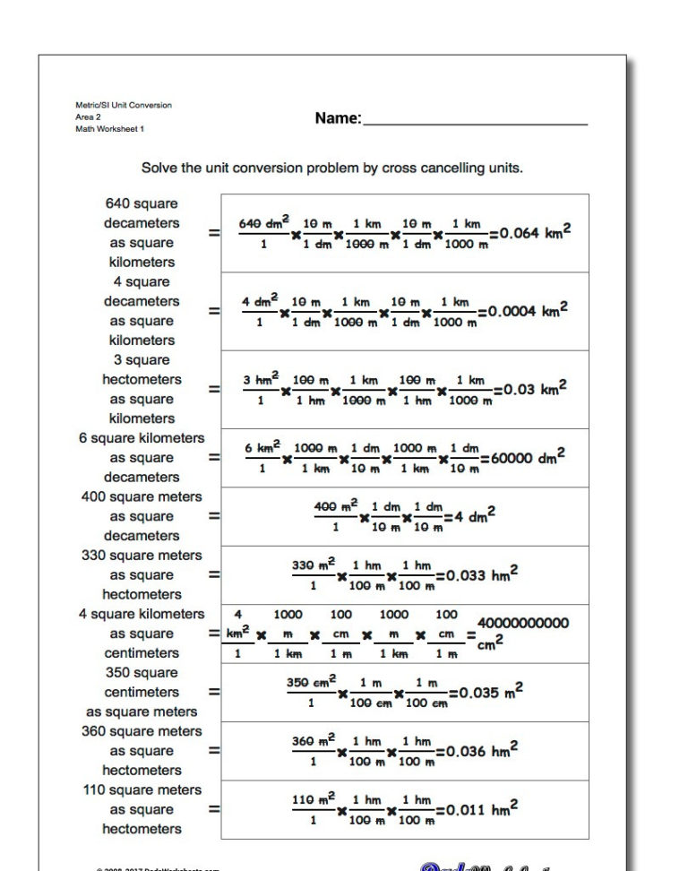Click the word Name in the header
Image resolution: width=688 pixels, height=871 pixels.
point(338,118)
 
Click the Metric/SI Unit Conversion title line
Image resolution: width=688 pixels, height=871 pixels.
point(123,105)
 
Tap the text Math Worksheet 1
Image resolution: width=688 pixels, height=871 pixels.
point(109,129)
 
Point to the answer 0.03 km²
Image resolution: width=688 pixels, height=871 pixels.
point(535,390)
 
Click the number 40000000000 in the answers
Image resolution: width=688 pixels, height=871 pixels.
point(523,623)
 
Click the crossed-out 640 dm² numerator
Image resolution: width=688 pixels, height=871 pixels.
point(263,222)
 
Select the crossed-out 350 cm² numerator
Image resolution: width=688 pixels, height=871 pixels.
point(311,683)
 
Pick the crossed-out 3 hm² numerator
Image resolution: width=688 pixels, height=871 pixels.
point(262,380)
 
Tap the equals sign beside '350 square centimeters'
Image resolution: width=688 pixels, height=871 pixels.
point(214,692)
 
